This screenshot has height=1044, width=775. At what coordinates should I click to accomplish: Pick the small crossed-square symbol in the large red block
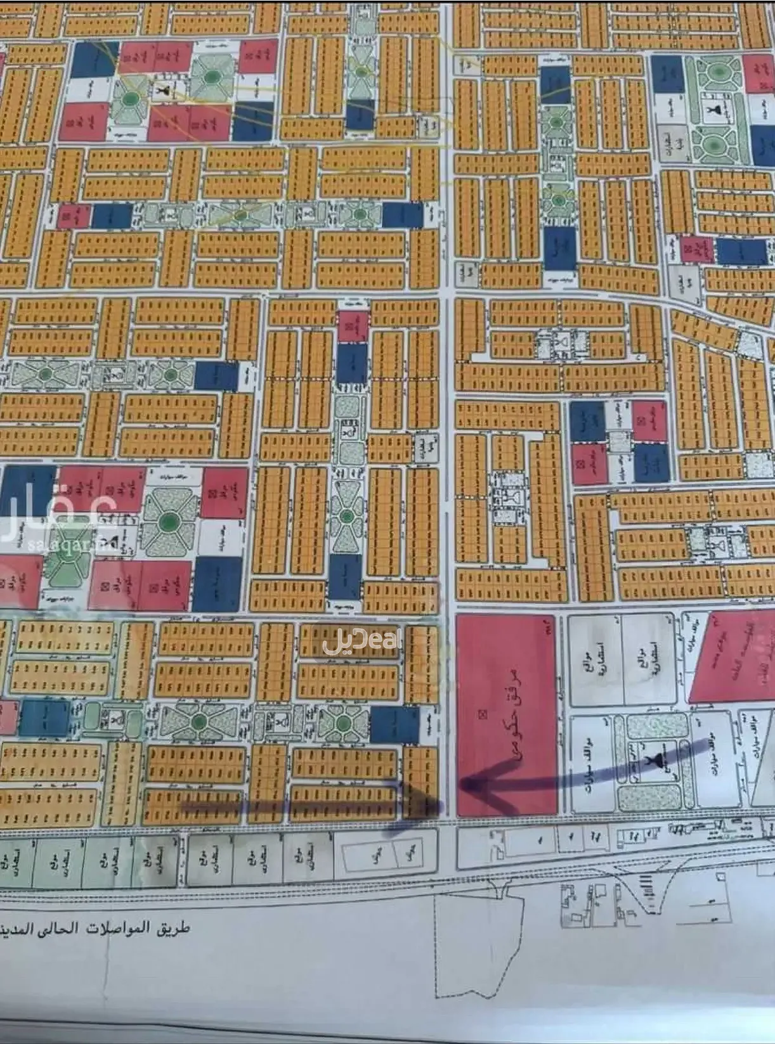click(483, 714)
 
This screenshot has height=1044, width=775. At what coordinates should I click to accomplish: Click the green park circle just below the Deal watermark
click(343, 723)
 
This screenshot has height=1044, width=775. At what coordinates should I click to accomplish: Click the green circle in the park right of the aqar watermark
click(168, 522)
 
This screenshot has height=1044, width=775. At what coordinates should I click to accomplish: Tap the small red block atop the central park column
click(353, 326)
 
